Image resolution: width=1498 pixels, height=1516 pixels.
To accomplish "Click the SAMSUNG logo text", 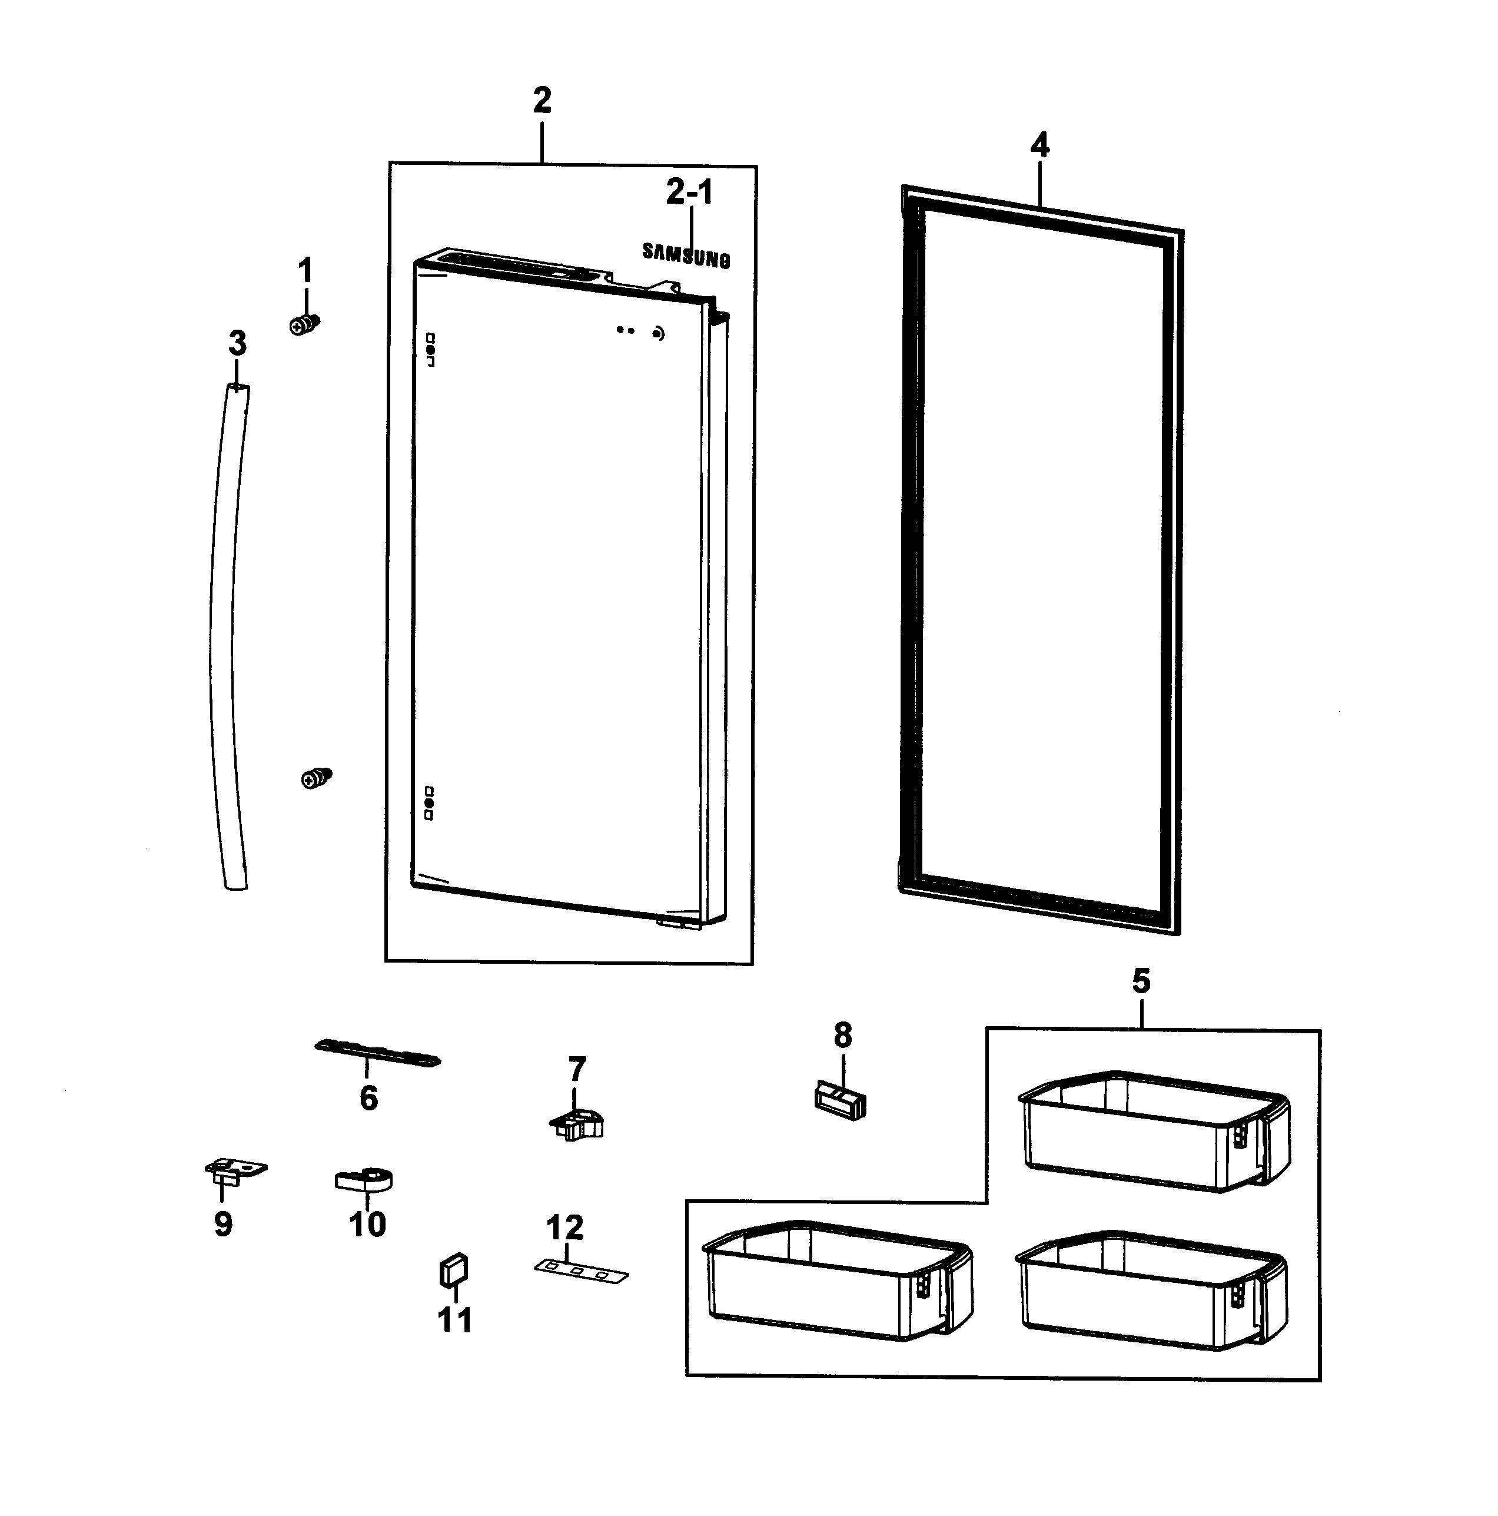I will (686, 255).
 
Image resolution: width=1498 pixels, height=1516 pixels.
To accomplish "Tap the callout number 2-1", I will (689, 193).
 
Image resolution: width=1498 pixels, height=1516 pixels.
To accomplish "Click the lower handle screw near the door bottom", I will (316, 778).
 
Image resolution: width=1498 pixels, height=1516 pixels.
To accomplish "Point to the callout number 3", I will (237, 344).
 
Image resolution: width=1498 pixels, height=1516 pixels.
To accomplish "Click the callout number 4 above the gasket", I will (1039, 146).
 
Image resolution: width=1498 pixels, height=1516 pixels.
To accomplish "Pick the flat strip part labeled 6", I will (377, 1053).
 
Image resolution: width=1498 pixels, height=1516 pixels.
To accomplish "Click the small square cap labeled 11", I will (454, 1270).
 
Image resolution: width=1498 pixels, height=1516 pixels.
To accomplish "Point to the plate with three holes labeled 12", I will (582, 1271).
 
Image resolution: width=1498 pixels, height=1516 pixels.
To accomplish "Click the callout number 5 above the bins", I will (1141, 981).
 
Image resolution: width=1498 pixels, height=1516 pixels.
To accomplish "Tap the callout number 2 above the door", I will (542, 101).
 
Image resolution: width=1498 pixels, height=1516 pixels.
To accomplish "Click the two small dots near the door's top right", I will (626, 330).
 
